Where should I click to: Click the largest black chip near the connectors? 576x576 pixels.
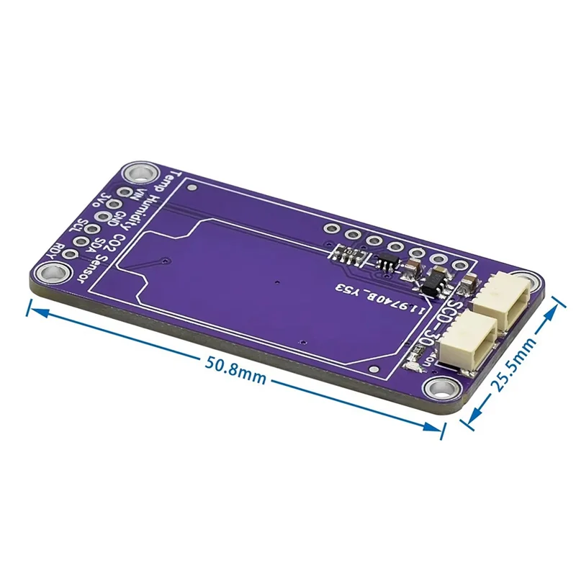click(433, 282)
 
